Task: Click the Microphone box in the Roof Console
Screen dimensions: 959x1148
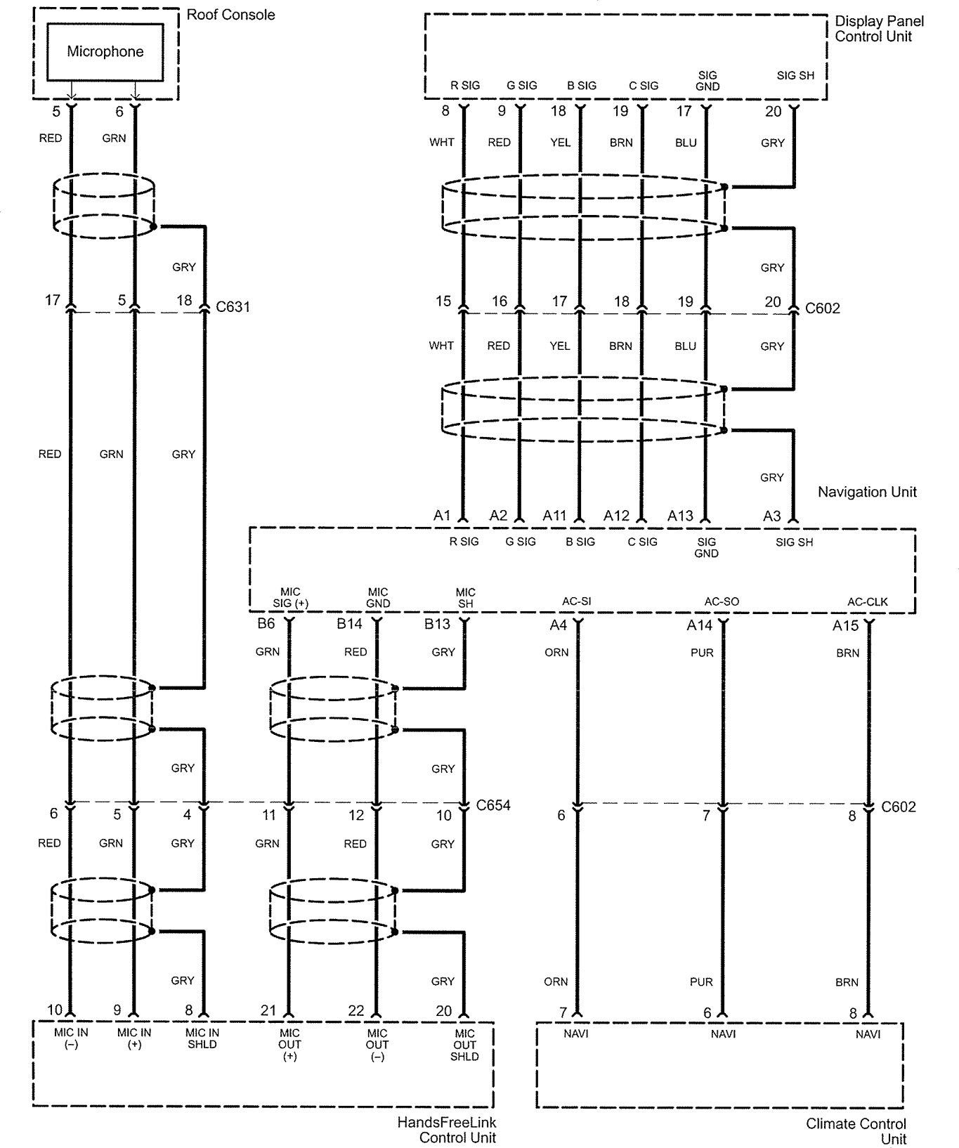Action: [x=105, y=51]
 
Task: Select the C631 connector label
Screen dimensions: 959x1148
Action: [x=233, y=307]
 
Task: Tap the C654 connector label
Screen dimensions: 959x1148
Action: [x=493, y=804]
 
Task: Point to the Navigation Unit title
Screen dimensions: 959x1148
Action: [x=867, y=492]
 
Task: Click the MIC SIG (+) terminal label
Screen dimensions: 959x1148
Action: [x=290, y=597]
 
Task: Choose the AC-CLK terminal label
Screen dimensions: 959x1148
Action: [x=868, y=601]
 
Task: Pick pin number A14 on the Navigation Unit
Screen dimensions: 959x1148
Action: [x=699, y=625]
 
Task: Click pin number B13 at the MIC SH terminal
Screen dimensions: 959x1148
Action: [x=437, y=624]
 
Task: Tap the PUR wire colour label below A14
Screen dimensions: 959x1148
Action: [x=702, y=653]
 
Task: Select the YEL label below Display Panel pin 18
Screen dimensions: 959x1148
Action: [x=560, y=143]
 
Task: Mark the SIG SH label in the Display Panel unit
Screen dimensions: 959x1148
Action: [x=795, y=75]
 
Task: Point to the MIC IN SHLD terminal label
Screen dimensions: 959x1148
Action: [x=202, y=1038]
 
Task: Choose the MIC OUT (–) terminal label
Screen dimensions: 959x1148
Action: [x=377, y=1045]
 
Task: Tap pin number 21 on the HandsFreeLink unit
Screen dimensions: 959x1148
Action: [x=268, y=1010]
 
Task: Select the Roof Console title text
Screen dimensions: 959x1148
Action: [x=231, y=15]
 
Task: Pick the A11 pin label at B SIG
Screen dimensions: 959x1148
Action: [x=554, y=516]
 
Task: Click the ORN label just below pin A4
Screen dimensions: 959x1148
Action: [x=556, y=653]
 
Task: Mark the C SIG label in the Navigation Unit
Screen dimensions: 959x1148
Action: [x=643, y=542]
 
